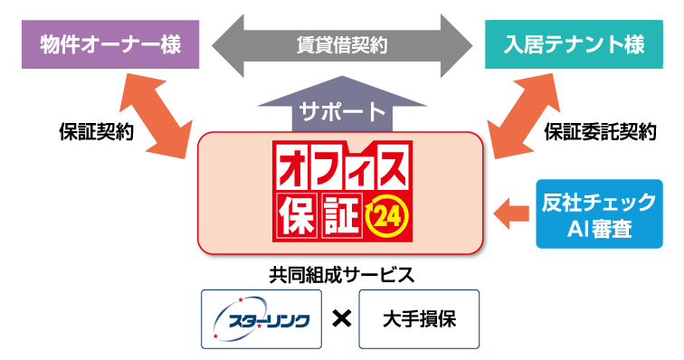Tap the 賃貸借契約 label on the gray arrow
341,43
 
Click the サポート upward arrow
341,111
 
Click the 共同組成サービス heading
341,272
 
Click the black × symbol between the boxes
341,319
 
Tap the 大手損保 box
418,318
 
